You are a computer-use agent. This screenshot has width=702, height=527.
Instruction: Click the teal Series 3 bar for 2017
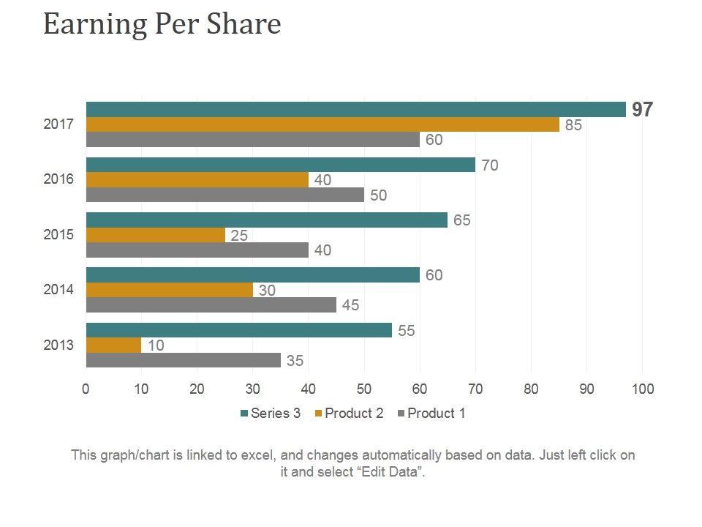pos(356,110)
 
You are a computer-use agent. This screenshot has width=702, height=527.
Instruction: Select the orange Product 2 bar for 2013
pos(113,345)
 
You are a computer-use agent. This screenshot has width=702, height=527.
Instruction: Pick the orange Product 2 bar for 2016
pos(197,180)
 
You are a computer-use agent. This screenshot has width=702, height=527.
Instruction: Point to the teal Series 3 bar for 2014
pos(252,275)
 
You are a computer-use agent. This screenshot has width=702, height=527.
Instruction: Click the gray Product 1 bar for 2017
pos(252,140)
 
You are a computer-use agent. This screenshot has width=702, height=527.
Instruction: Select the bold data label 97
pos(643,110)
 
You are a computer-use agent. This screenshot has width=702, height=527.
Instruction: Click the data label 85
pos(573,125)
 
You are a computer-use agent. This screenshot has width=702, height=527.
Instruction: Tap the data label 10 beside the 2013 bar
pos(156,345)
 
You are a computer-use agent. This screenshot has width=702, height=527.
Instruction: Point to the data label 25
pos(239,235)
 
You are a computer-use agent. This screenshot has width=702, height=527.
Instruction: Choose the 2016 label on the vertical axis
pos(58,179)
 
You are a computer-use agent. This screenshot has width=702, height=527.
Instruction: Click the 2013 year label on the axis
pos(58,345)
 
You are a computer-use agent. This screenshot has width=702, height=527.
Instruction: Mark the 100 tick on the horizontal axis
pos(643,389)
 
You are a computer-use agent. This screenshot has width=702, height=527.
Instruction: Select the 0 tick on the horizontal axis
pos(86,389)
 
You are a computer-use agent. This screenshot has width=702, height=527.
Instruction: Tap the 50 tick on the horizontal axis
pos(364,389)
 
